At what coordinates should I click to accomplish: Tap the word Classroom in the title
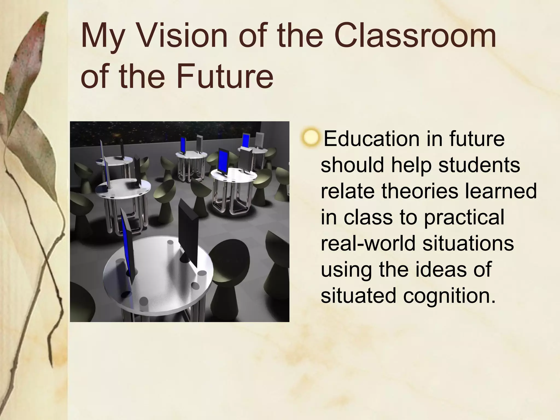(x=415, y=37)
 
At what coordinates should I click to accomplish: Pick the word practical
(x=464, y=218)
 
